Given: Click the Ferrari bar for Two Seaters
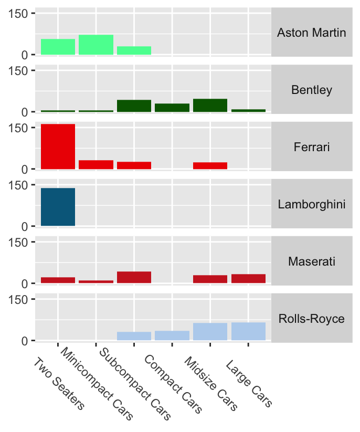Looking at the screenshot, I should click(x=58, y=146).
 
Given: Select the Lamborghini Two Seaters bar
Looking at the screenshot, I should click(x=58, y=207).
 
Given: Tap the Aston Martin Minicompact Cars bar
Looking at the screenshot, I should click(x=96, y=45).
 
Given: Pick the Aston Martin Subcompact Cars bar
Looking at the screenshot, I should click(x=134, y=50).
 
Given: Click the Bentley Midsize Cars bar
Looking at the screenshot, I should click(x=210, y=106).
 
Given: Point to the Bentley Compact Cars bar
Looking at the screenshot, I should click(x=172, y=108).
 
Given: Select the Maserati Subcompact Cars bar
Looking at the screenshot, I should click(x=134, y=277).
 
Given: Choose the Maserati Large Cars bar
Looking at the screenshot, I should click(x=248, y=279).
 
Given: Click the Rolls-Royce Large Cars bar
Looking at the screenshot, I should click(x=248, y=331).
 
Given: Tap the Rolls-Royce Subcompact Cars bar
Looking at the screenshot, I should click(x=134, y=336).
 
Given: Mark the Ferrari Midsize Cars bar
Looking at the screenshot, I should click(x=210, y=165).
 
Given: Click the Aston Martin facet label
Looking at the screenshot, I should click(x=311, y=33).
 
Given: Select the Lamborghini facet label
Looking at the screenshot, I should click(x=311, y=204).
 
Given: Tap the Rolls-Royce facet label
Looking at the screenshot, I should click(x=311, y=319).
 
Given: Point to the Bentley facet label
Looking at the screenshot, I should click(x=311, y=90).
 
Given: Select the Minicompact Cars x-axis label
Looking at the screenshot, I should click(x=97, y=383).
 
